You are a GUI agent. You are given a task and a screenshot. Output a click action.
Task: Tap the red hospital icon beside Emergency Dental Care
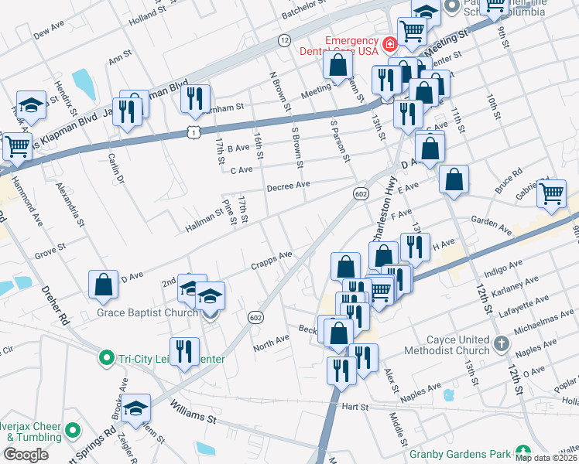[388, 46]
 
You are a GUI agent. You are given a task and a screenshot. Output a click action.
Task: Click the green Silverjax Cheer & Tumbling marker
[73, 429]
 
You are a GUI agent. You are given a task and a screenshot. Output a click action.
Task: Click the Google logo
[26, 454]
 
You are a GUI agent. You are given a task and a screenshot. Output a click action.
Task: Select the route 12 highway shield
[284, 40]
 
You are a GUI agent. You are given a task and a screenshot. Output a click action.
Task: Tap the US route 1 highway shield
[191, 132]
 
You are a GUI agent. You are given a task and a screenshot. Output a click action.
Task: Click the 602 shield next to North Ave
[255, 317]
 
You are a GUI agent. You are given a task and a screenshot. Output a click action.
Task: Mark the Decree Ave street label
[288, 186]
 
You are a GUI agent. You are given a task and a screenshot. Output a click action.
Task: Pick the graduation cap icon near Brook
[135, 408]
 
